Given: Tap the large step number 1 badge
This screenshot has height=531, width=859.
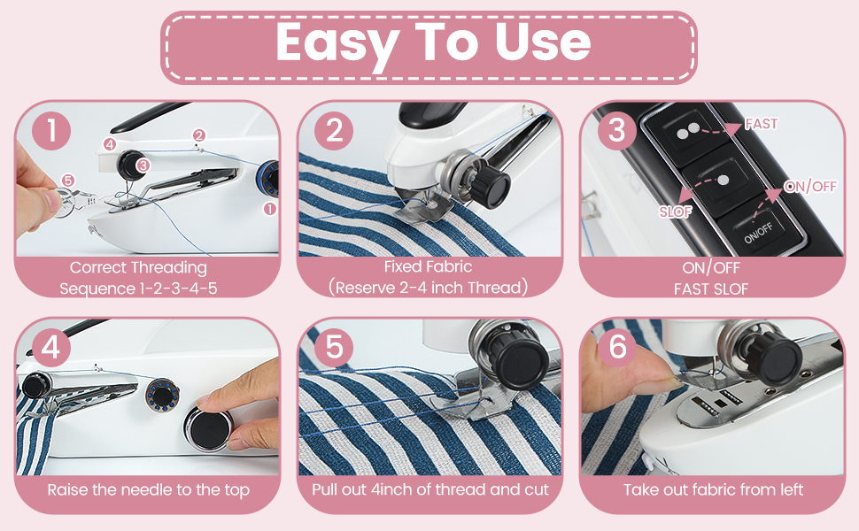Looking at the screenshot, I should (53, 131).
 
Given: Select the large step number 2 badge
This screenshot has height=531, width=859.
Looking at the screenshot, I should (334, 131).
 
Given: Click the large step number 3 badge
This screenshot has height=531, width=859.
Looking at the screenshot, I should (616, 131).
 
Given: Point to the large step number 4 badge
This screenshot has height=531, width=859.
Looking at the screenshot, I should (53, 348).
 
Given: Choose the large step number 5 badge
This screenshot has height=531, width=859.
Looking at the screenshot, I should (334, 348).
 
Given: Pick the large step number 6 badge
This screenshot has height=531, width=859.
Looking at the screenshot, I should (616, 348).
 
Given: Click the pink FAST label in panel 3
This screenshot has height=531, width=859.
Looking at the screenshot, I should (762, 124).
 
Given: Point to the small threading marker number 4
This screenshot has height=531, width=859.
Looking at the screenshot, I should (109, 143).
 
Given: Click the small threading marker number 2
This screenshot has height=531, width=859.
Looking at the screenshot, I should (198, 135).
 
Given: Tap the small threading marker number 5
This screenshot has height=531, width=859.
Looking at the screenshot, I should (68, 181).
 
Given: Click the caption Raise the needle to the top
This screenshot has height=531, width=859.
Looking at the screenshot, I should (148, 489).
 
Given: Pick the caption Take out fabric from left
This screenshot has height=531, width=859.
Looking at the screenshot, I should (713, 489).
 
